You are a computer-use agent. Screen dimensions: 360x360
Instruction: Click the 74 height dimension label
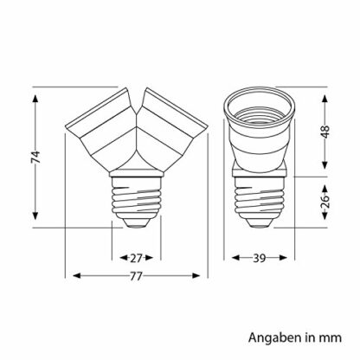(35, 157)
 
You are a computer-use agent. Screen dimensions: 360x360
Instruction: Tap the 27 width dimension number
(136, 258)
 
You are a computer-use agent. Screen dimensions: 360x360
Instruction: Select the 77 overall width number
(136, 276)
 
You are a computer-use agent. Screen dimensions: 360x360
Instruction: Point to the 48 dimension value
(325, 132)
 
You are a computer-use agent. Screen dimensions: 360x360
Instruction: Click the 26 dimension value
(325, 202)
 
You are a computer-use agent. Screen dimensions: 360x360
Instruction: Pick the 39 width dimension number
(259, 258)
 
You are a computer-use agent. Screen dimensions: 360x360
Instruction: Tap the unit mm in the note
(331, 338)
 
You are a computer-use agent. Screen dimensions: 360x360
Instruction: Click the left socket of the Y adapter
(102, 130)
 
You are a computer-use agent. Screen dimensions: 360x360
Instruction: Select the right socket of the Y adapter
(170, 130)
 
